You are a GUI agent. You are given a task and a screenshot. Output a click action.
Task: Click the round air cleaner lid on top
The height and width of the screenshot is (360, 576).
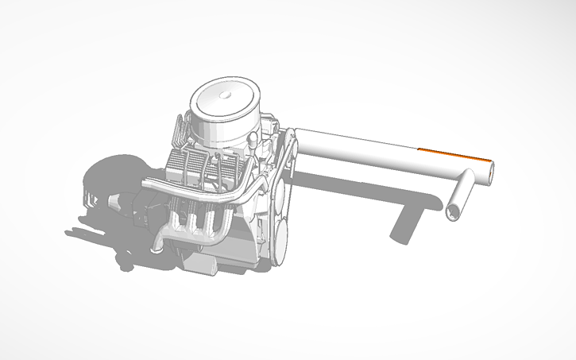[224, 100]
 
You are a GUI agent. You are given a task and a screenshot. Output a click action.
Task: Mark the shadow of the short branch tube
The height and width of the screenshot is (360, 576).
[407, 223]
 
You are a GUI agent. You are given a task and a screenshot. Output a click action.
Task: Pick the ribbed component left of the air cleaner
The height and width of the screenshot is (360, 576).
[180, 131]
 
